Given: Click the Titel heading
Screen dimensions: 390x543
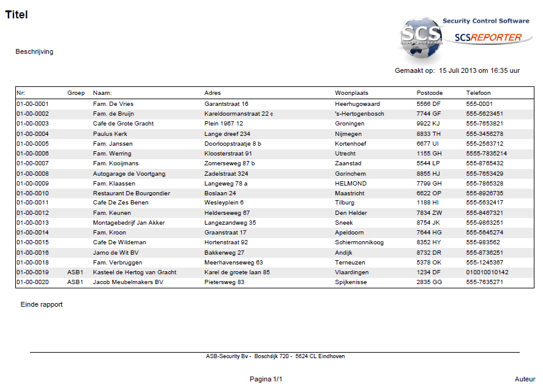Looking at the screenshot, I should (x=17, y=15).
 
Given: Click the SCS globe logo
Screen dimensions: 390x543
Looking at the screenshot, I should (x=422, y=40).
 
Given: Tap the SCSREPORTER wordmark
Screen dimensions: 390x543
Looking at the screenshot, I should (x=488, y=37).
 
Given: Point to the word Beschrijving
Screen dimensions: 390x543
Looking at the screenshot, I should (x=34, y=51).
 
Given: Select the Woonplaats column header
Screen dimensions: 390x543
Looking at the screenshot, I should (x=351, y=93).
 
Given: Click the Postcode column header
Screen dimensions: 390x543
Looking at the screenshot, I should (x=429, y=93).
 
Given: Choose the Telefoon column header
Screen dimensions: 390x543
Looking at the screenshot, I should (x=478, y=93).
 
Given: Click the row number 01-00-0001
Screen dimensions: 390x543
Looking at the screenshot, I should (x=32, y=104).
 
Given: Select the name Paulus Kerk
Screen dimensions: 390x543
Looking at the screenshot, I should (x=110, y=133).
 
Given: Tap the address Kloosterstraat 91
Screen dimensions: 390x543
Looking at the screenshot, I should (x=228, y=154).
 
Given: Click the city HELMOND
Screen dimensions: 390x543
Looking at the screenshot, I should (x=351, y=183).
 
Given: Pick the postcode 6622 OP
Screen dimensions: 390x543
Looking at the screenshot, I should (x=429, y=193).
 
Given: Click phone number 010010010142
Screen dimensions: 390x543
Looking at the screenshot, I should (x=487, y=272).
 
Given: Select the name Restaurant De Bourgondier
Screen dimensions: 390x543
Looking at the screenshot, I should (x=132, y=193).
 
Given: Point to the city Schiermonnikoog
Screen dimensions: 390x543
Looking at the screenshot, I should (x=359, y=242).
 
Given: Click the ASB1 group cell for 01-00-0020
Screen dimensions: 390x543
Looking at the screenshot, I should (x=75, y=282).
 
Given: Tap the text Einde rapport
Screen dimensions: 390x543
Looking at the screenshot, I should (x=42, y=304).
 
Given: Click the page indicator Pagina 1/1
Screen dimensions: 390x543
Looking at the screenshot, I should (x=266, y=380).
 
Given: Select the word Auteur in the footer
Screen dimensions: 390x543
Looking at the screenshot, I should (x=525, y=380).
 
